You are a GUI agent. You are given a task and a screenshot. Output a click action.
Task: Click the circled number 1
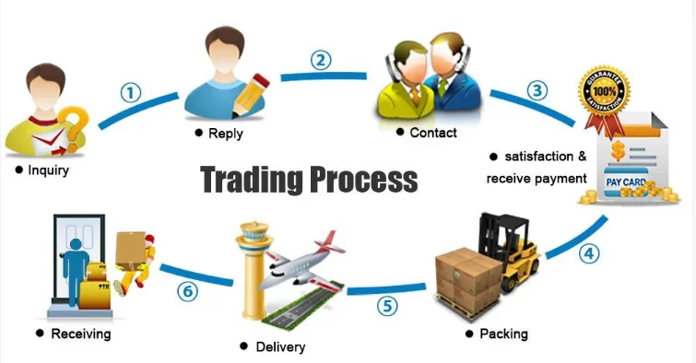131,93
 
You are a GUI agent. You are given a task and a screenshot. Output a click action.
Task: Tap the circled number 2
321,60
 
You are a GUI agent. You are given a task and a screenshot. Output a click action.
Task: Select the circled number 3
537,90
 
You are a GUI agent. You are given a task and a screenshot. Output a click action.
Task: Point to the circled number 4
588,254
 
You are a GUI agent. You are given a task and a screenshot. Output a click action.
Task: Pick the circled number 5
387,306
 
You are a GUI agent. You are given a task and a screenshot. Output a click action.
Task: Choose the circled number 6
187,291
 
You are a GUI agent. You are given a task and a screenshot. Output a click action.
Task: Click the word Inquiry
48,170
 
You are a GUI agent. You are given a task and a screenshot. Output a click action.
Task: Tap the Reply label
226,134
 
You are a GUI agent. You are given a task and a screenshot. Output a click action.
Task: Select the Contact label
433,133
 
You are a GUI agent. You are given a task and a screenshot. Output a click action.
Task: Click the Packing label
504,334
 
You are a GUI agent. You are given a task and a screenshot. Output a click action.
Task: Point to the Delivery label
280,346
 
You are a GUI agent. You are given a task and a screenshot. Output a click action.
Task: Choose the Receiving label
81,334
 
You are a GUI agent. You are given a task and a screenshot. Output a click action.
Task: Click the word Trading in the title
252,180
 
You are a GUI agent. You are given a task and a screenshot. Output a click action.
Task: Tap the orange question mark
75,125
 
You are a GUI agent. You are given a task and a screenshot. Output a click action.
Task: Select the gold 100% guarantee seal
604,92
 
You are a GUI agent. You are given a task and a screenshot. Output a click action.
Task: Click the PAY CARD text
626,181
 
